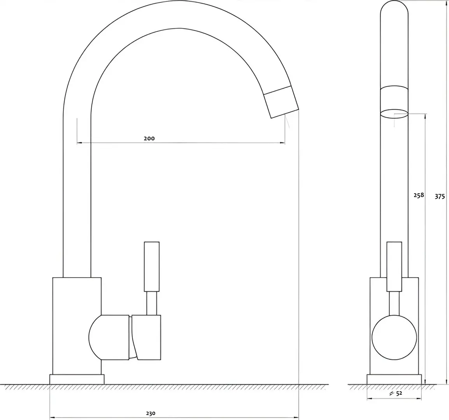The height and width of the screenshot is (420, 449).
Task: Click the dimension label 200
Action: coord(149,138)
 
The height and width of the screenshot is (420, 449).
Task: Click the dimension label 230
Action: coord(151,413)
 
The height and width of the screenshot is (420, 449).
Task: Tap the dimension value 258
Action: coord(419,195)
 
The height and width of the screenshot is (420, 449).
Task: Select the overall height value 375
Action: coord(440,196)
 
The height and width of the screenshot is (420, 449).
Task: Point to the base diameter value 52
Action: coord(400,393)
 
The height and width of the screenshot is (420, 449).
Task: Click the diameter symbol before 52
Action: coord(392,394)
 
